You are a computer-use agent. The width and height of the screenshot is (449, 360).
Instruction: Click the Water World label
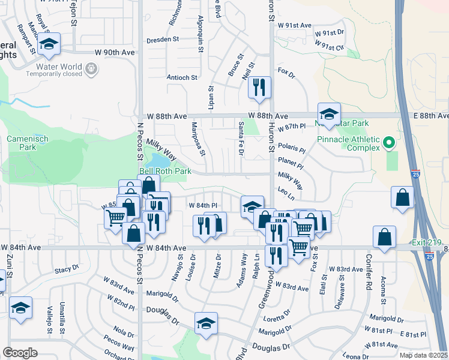59,66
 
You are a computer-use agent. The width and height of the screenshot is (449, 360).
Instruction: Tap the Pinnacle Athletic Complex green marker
388,143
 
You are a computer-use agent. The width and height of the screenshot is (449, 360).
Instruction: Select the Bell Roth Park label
165,171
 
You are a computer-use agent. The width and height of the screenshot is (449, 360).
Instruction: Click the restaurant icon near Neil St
259,88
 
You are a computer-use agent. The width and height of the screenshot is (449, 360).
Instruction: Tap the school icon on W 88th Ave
329,114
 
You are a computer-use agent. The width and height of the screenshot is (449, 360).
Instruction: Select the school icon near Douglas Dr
206,323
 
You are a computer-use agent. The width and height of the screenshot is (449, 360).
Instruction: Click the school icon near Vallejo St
20,308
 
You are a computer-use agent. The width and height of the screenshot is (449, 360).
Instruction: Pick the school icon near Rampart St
49,44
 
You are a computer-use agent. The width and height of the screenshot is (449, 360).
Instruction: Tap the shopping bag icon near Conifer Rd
384,237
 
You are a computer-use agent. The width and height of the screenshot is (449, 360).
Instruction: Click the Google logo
20,352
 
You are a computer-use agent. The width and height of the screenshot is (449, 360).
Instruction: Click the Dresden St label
163,40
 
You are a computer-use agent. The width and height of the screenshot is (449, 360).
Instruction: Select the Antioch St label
181,77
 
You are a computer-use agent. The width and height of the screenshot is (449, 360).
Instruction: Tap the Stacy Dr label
67,271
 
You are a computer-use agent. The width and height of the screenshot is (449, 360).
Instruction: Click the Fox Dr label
286,76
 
